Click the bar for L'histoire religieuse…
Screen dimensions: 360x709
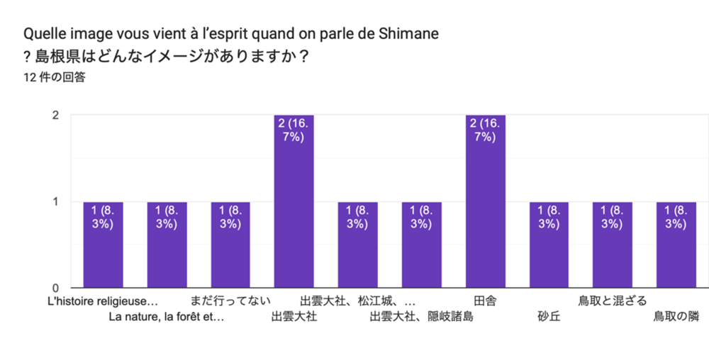(x=104, y=245)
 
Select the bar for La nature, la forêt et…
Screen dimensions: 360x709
(x=167, y=245)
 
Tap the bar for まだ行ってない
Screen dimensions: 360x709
(x=230, y=245)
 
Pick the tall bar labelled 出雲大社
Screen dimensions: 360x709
(x=294, y=202)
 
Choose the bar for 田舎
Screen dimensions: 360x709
(x=486, y=202)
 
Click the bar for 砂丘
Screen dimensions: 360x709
(x=549, y=245)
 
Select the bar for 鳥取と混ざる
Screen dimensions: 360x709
(x=613, y=245)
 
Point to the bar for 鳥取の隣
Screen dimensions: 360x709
(x=676, y=245)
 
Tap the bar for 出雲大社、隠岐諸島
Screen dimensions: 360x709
(x=422, y=245)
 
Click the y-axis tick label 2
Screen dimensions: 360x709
(x=55, y=116)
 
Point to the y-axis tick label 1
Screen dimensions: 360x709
(x=55, y=202)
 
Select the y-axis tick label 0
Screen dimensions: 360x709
(x=55, y=288)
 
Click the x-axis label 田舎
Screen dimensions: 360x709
(x=485, y=301)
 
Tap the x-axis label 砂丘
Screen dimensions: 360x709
(x=549, y=317)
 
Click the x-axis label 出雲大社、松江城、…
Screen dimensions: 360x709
(x=357, y=301)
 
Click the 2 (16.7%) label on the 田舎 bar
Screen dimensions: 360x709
(x=486, y=130)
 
